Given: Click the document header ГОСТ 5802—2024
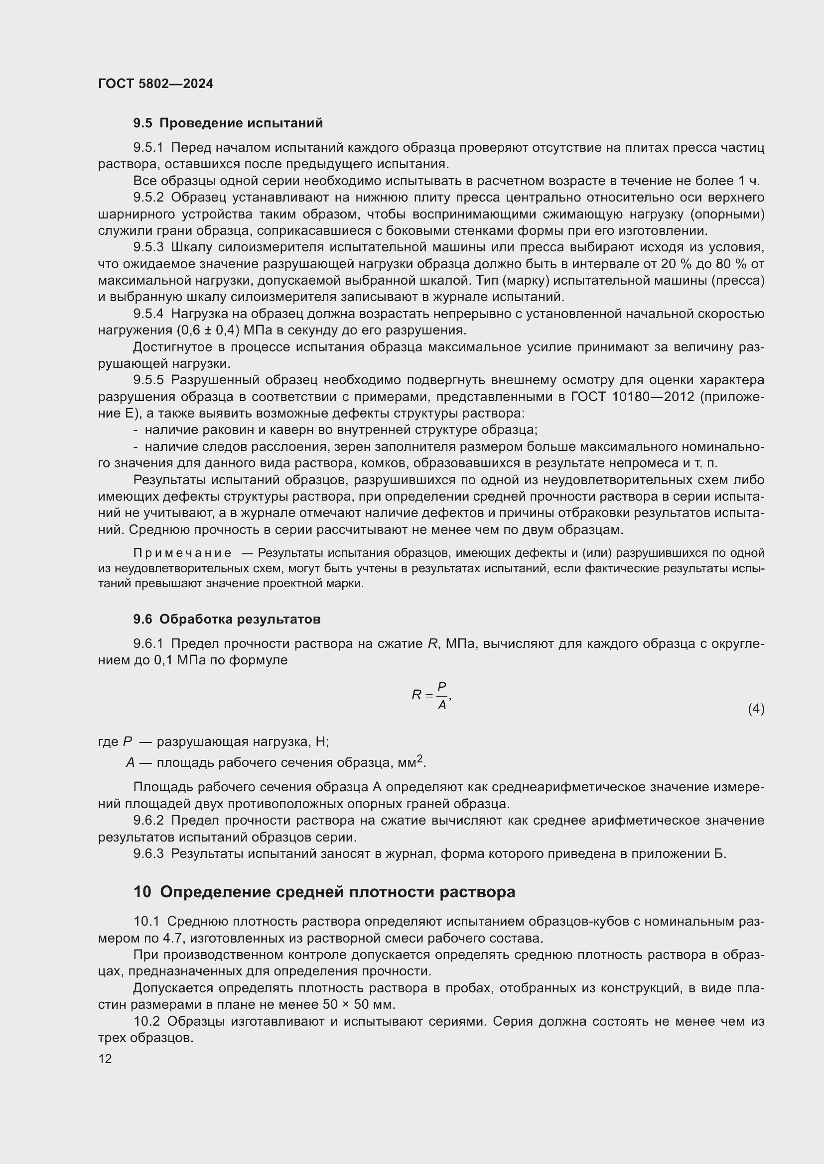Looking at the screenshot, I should (156, 84).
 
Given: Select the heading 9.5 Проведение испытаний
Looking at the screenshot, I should (228, 123).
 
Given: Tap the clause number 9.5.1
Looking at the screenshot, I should (148, 147).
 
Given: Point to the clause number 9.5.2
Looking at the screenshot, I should (148, 197).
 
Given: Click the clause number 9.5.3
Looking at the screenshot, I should (148, 247).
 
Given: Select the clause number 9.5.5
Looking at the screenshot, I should (148, 380).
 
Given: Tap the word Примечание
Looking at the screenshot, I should (182, 552).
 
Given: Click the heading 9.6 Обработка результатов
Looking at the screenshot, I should (227, 619).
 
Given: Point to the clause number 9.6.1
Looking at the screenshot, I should (148, 644).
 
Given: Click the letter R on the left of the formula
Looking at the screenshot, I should (416, 695).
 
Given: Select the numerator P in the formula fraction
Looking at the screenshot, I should (441, 686).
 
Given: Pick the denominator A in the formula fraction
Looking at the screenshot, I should (441, 705).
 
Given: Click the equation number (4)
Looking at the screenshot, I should (756, 709).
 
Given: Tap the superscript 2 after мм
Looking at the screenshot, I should (419, 758).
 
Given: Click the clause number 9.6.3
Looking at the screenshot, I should (148, 854).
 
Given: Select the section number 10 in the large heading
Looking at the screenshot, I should (142, 892).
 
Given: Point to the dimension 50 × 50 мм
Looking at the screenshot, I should (358, 1004).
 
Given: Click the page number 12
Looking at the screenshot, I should (105, 1058).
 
